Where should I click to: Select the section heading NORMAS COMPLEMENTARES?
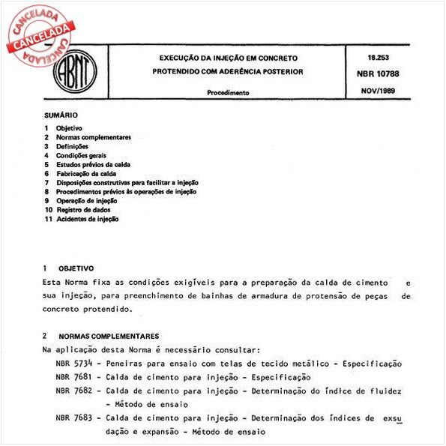click(x=108, y=336)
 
